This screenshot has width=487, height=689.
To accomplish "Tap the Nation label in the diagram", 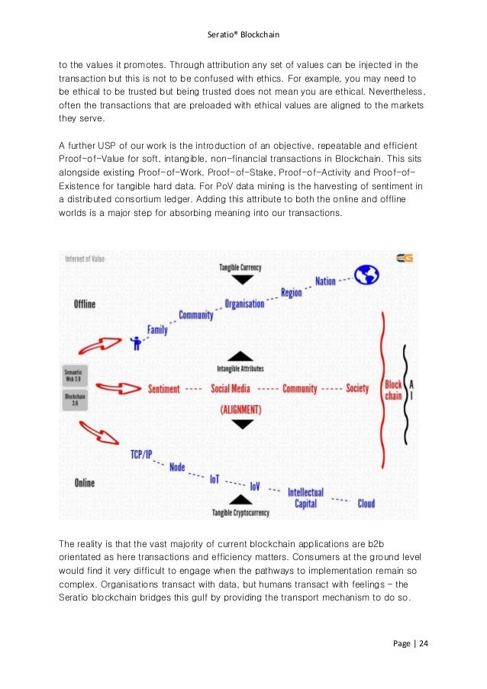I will (325, 282).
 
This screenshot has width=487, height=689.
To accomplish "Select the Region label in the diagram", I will (291, 292).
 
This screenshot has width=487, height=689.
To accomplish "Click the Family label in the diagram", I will (157, 330).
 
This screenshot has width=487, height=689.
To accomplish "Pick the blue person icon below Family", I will (138, 343).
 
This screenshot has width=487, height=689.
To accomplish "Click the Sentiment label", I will (164, 388).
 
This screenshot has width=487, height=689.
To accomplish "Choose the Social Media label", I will (230, 388).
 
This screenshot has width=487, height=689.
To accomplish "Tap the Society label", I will (357, 388).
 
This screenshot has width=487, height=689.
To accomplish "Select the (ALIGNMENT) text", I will (240, 410).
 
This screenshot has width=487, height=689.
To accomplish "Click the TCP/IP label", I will (141, 455).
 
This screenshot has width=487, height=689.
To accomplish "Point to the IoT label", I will (216, 479).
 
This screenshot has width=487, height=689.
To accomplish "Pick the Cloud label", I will (366, 504).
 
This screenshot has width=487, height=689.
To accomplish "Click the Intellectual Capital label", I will (305, 497).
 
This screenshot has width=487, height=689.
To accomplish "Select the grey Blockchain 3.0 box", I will (76, 400).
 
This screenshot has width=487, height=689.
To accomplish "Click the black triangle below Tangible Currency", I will (241, 279).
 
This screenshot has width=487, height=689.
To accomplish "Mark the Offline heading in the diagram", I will (85, 304).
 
